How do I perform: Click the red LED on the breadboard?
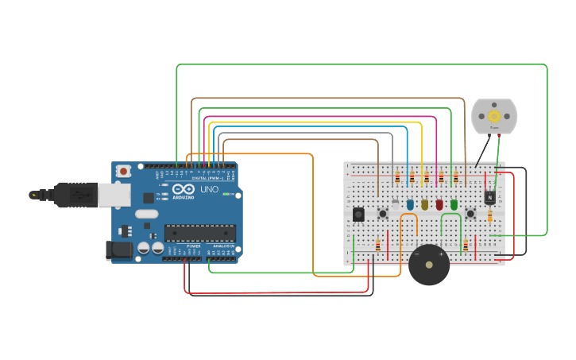point(439,205)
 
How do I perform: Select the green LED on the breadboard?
point(454,205)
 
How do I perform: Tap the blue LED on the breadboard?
point(410,205)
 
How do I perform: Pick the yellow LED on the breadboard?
point(424,205)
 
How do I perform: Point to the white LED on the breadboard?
point(396,205)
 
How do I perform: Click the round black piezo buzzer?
point(429,265)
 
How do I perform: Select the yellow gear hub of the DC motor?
point(494,116)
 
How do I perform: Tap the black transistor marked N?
point(489,197)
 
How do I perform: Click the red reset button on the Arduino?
point(123,171)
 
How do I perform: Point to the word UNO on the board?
point(208,191)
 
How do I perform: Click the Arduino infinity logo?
point(183,191)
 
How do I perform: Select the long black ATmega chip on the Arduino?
point(200,232)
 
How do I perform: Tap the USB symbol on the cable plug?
point(33,195)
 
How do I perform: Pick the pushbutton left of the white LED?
point(382,213)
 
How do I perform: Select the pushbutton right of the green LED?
point(470,213)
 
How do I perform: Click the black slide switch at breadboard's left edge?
point(358,215)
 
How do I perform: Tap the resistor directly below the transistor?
point(490,215)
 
